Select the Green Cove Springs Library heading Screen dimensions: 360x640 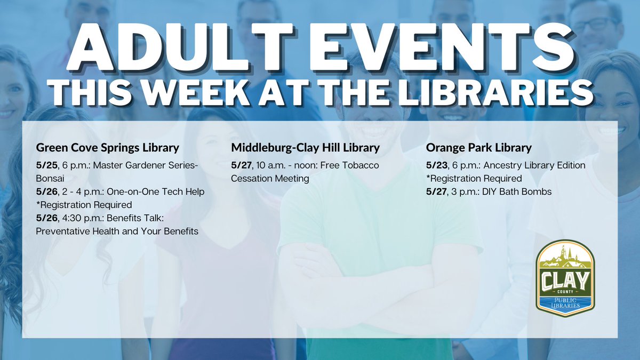coord(107,147)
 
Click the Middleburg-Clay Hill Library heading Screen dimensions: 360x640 coord(305,147)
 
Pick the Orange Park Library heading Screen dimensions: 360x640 coord(478,147)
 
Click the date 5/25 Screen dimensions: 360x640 coord(46,165)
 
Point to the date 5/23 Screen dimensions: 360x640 coord(437,165)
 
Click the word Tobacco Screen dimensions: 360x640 coord(361,165)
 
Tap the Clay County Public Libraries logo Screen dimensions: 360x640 coord(565,277)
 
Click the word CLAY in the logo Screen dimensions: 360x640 coord(565,278)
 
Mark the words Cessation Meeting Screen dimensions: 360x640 coord(270,179)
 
